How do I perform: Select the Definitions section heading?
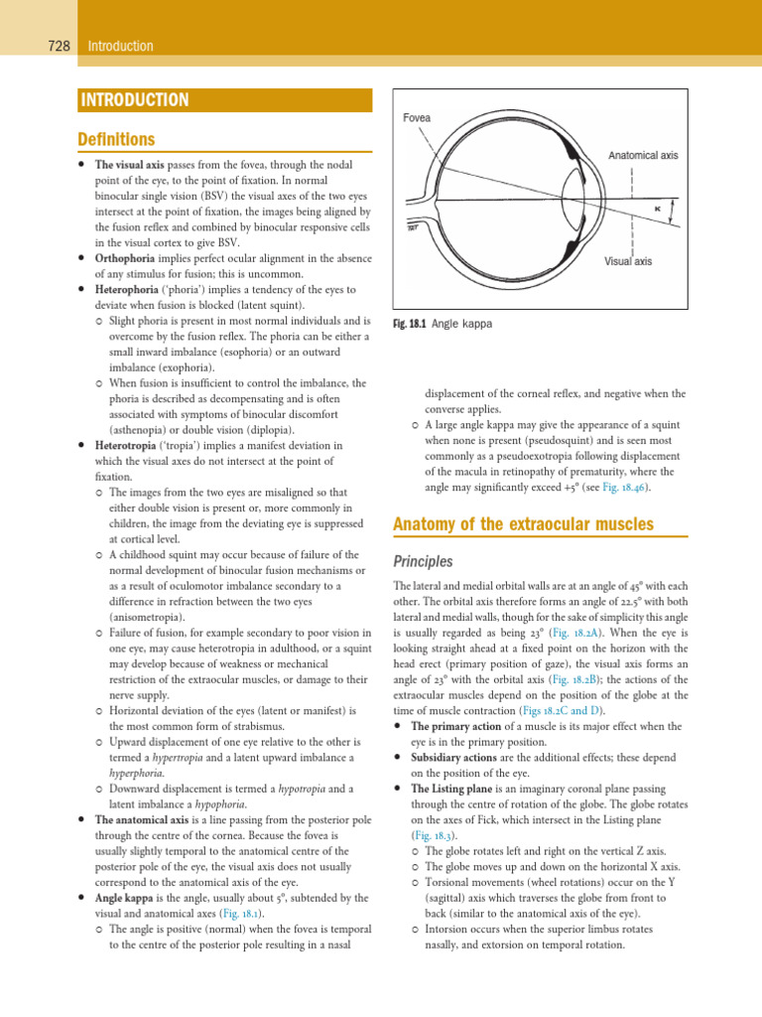click(x=116, y=139)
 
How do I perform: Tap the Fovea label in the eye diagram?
click(x=417, y=118)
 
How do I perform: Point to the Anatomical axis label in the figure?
click(x=642, y=156)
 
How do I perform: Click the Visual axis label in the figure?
click(x=628, y=261)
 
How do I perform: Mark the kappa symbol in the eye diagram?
click(x=657, y=209)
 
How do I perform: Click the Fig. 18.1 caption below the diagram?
click(x=443, y=324)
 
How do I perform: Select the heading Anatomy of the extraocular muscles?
click(x=523, y=523)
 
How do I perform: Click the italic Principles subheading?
click(x=425, y=561)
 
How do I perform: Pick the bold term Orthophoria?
click(x=127, y=258)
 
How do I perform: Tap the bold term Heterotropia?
click(x=128, y=446)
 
